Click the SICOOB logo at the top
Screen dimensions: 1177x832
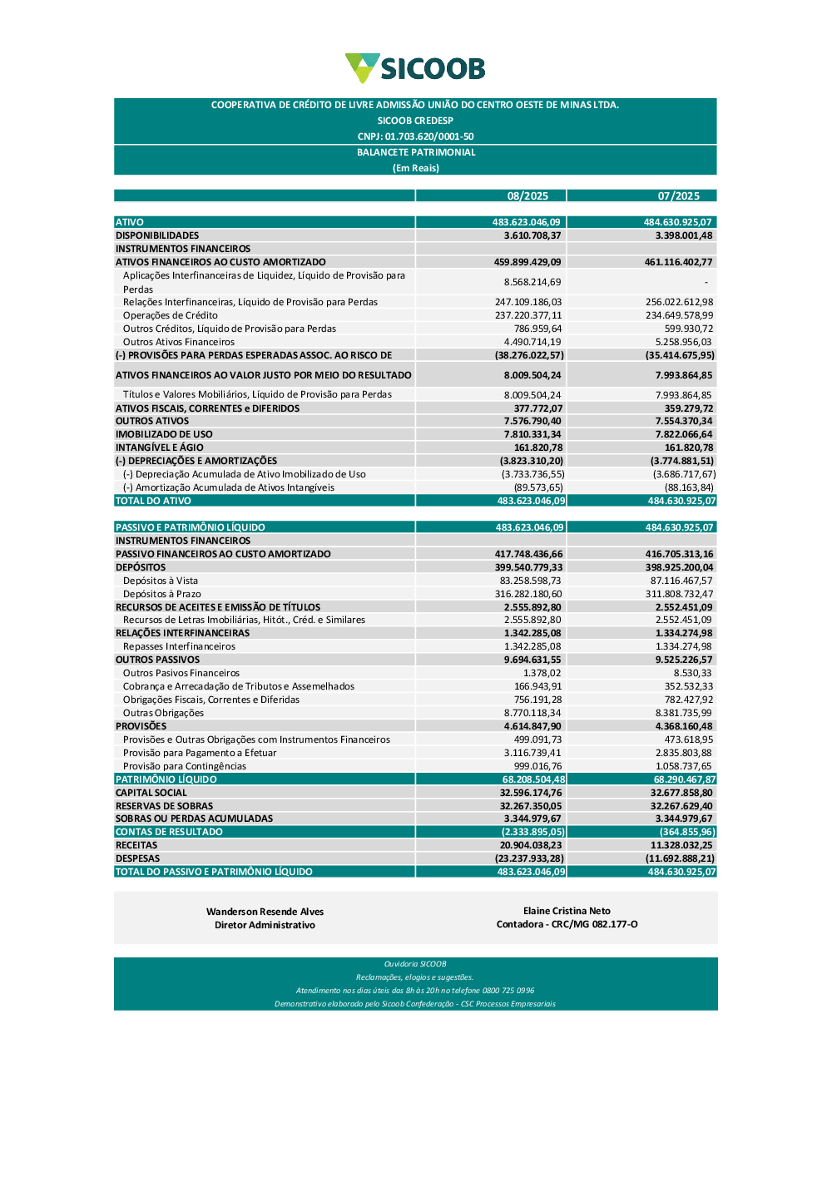415,68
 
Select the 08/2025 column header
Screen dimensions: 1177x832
527,196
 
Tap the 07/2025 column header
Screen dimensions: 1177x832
678,196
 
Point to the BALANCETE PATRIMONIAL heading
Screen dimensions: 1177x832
416,152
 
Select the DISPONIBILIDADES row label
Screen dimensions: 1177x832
157,235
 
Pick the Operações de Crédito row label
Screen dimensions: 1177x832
171,315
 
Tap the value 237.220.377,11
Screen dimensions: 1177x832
528,315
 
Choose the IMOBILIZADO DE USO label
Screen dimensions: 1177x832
164,434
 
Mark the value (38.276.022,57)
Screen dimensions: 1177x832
529,355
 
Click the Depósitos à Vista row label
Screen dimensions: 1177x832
161,581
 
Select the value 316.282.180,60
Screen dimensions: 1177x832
528,594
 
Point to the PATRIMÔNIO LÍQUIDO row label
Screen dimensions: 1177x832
166,779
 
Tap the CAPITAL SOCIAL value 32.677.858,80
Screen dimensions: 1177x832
681,793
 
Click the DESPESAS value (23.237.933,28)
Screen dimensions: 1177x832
529,858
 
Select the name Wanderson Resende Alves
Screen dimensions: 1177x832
265,912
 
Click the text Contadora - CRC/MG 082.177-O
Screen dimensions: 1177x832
567,924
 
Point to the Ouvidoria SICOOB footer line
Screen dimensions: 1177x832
415,964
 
